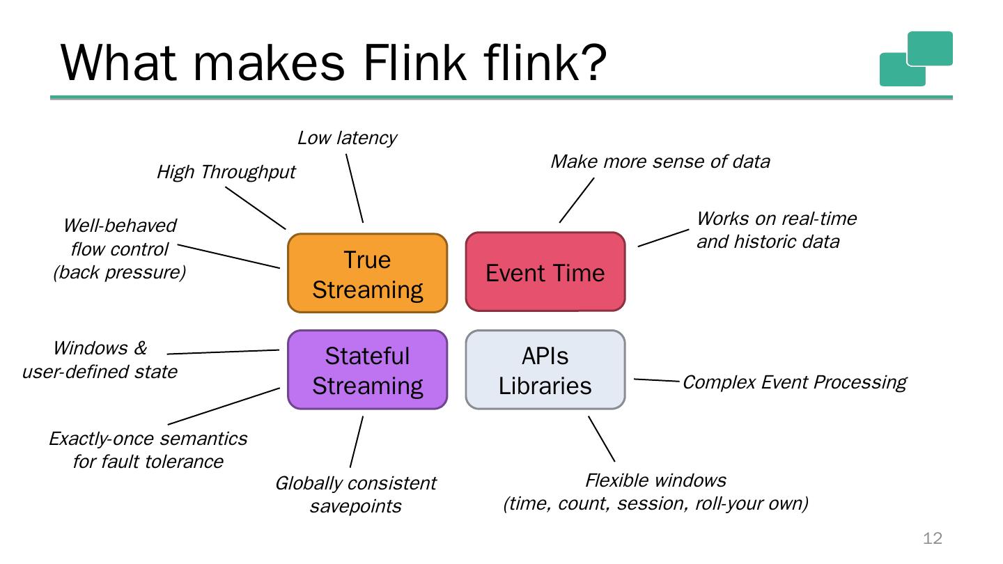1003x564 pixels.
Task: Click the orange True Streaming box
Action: click(367, 273)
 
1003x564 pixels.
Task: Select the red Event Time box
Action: click(545, 272)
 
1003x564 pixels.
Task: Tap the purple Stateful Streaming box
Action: click(367, 370)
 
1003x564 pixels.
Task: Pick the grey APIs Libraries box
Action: click(545, 370)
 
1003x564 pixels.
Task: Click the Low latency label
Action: click(347, 138)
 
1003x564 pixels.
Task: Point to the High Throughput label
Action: click(226, 172)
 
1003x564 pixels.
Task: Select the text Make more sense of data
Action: click(660, 162)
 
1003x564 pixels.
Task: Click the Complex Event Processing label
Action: click(794, 382)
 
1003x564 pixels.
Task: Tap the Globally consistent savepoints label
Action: click(355, 494)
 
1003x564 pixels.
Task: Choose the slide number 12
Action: click(932, 538)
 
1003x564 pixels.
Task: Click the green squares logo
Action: click(915, 58)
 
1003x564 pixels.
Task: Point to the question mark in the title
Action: click(591, 63)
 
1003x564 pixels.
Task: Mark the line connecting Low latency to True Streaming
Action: click(355, 188)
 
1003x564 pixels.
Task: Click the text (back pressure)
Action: click(120, 272)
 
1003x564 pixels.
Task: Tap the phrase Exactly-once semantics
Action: click(148, 439)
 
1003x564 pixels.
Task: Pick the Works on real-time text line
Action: click(776, 219)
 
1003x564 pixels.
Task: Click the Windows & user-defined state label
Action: click(100, 359)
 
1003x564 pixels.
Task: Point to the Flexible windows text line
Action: click(655, 480)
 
